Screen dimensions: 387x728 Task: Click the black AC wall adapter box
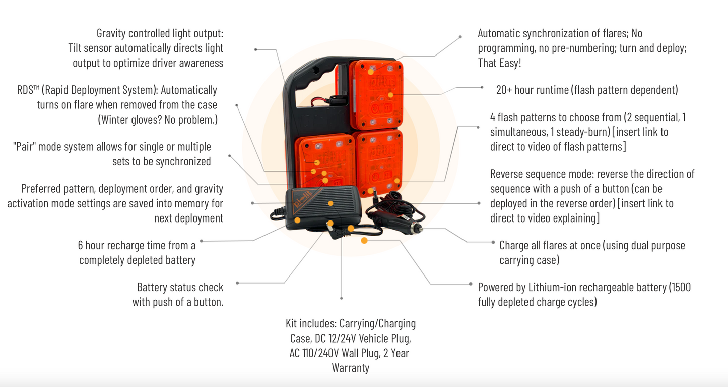click(x=322, y=209)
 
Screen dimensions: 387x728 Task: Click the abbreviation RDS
click(x=26, y=90)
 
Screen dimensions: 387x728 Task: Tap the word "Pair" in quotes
click(x=25, y=147)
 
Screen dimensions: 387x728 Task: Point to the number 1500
click(x=681, y=288)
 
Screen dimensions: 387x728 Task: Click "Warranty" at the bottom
click(x=351, y=368)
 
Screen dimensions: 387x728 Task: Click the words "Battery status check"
click(x=180, y=288)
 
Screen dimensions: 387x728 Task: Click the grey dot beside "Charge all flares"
click(x=493, y=242)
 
